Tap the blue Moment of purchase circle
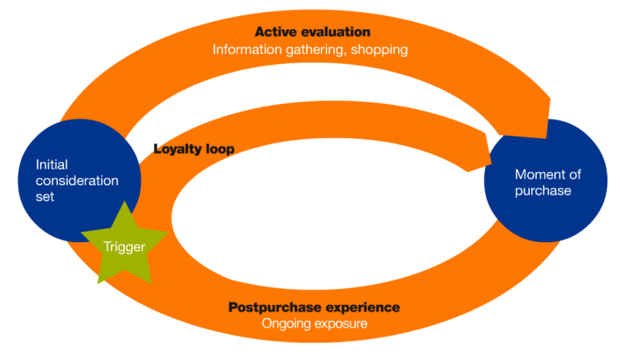[545, 182]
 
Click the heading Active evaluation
[312, 32]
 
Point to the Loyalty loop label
[194, 149]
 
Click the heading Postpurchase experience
[314, 307]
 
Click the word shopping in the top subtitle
[379, 50]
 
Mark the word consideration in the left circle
[77, 180]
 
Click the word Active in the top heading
[274, 32]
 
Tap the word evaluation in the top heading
[333, 32]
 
